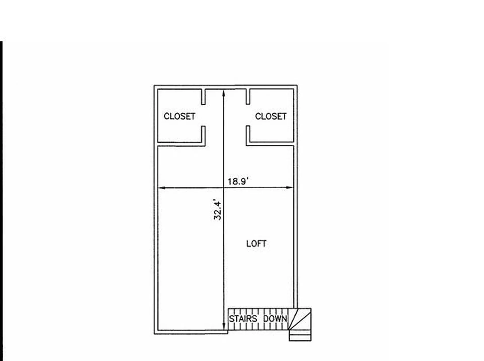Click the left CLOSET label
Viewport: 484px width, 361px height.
[x=179, y=116]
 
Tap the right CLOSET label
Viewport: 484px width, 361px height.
[x=271, y=116]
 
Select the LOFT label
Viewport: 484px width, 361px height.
[x=256, y=244]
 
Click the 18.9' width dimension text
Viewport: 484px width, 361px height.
[x=238, y=181]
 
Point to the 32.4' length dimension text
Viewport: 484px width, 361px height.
[x=217, y=210]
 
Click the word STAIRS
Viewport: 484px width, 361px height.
[x=243, y=319]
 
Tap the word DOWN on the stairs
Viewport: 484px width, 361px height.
[x=275, y=319]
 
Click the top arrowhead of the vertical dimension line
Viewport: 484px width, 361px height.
[x=224, y=94]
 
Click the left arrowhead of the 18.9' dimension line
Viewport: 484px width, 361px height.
[x=162, y=188]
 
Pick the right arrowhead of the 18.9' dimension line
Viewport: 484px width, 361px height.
[x=289, y=188]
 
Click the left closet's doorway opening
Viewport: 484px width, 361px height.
[x=203, y=115]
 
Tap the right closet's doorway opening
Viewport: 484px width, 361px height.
[x=248, y=115]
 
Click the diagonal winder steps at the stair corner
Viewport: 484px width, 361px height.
[x=300, y=319]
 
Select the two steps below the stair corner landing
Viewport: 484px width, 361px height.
[x=300, y=335]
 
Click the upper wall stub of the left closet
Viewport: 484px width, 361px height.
[x=203, y=97]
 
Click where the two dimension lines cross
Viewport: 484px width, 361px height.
[x=224, y=188]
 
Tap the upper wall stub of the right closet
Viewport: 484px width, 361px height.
[x=248, y=97]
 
